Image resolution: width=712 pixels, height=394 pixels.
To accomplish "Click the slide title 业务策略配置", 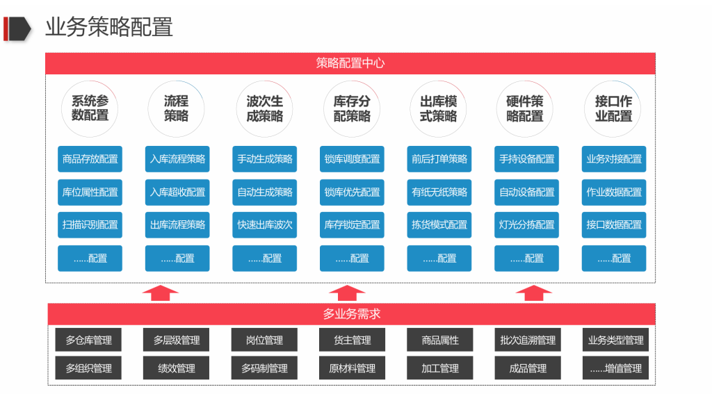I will [x=108, y=27].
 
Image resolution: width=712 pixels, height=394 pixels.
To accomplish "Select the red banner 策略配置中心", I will [x=350, y=63].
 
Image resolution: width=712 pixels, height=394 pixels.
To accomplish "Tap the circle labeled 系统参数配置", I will [x=90, y=109].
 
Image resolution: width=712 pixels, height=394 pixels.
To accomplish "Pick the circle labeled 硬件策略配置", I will [x=525, y=109].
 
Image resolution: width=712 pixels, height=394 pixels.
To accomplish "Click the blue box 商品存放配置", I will [x=90, y=159].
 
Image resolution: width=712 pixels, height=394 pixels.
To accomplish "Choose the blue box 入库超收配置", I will [x=177, y=192].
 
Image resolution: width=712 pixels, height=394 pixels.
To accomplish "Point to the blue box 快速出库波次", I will [x=265, y=225].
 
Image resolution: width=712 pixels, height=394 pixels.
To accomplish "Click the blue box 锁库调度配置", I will [x=352, y=159].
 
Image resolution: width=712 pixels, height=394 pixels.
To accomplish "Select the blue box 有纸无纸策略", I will [x=439, y=192].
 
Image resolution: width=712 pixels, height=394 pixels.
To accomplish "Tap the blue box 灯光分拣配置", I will [x=526, y=225].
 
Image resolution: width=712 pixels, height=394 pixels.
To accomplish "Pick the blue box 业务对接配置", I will [x=614, y=159].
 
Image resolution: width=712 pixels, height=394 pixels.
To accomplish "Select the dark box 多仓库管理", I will [x=88, y=340].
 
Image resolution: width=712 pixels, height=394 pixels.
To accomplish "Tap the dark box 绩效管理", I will [x=177, y=368].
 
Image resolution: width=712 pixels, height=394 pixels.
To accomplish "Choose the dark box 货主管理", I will [x=352, y=340].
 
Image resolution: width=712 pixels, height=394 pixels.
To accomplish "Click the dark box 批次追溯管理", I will [x=528, y=340].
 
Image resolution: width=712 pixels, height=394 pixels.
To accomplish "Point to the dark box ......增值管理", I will [x=615, y=368].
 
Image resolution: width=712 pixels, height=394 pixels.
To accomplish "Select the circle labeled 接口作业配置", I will [x=613, y=109].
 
